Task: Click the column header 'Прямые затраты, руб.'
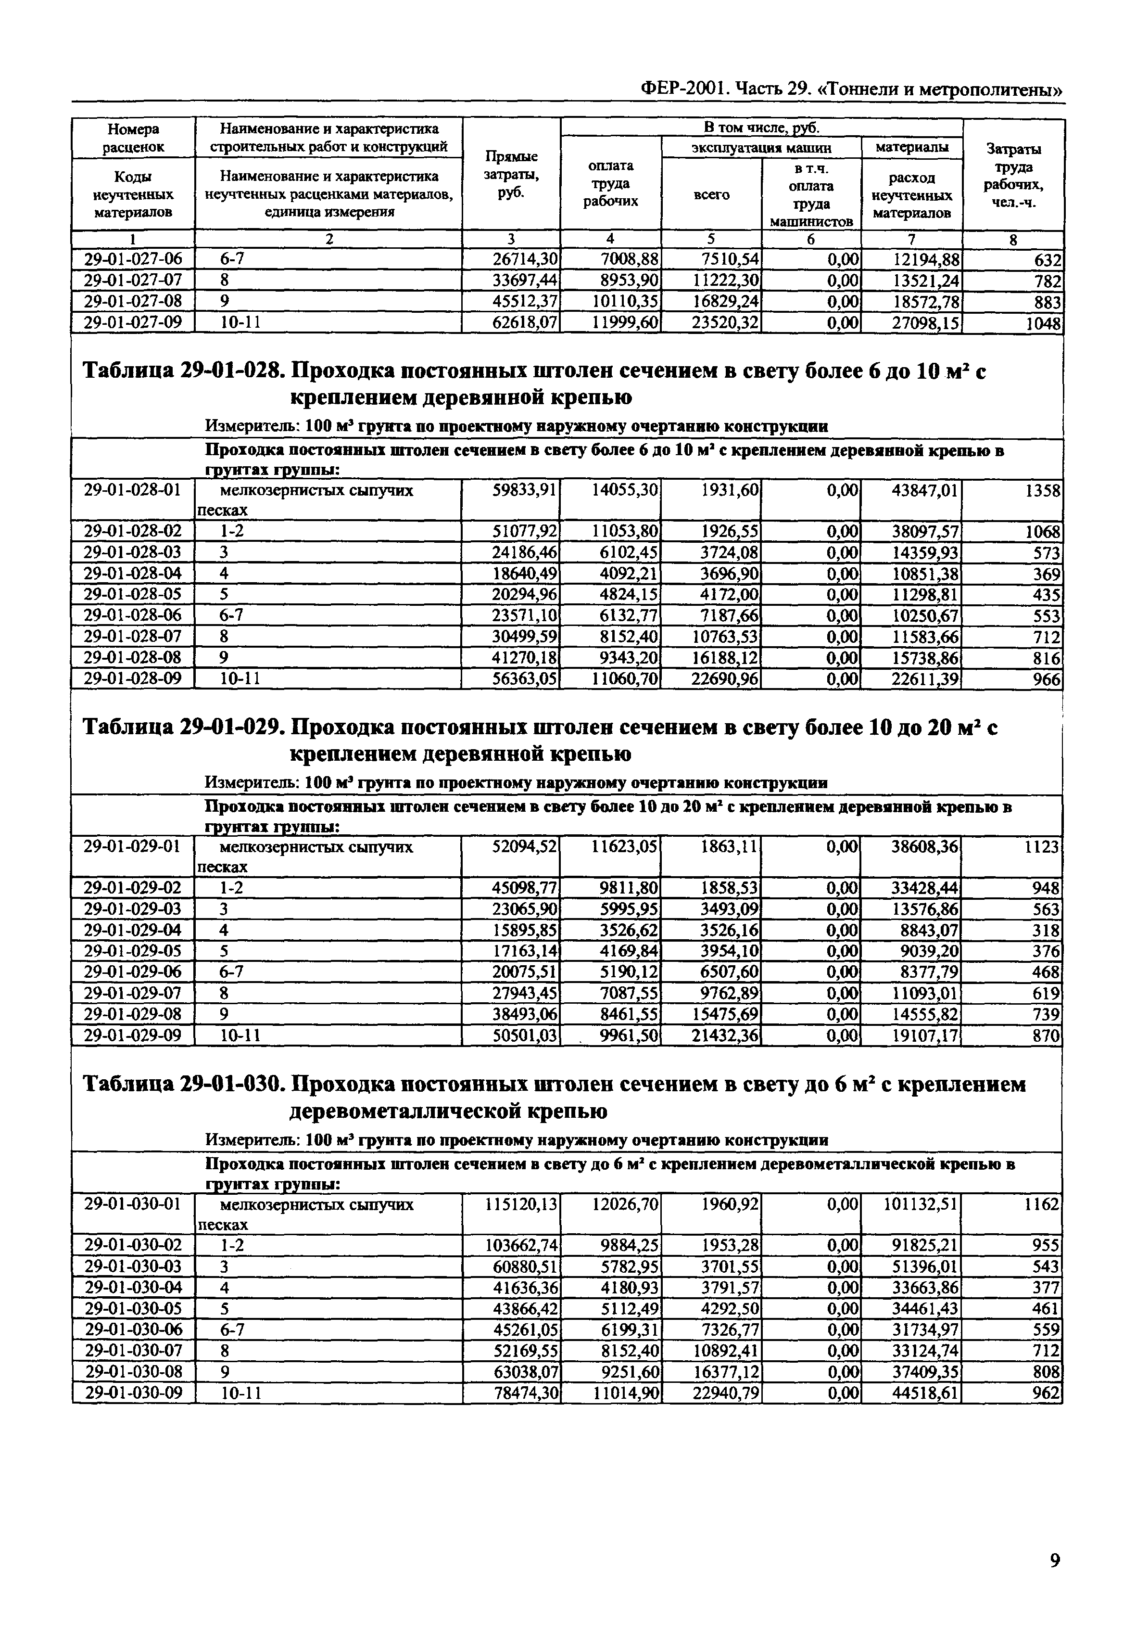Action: pyautogui.click(x=511, y=175)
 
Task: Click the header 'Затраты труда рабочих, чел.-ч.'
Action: pyautogui.click(x=1013, y=175)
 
